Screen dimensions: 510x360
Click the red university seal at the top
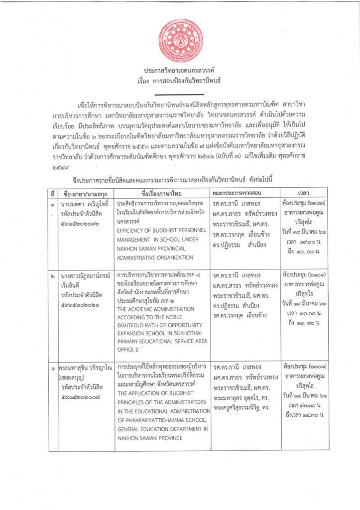coord(180,41)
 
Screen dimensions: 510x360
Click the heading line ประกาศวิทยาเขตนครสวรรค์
coord(180,72)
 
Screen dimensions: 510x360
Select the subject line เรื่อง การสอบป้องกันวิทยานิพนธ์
coord(180,80)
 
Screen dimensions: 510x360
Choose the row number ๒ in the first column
coord(52,275)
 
